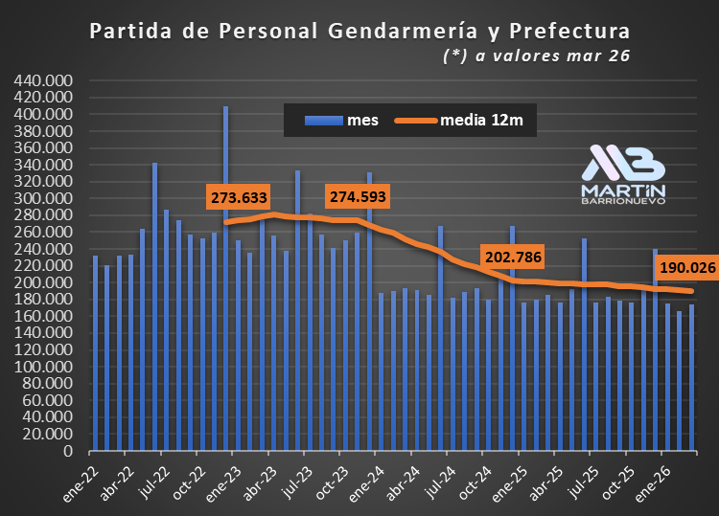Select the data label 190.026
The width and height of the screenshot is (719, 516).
pyautogui.click(x=687, y=268)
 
